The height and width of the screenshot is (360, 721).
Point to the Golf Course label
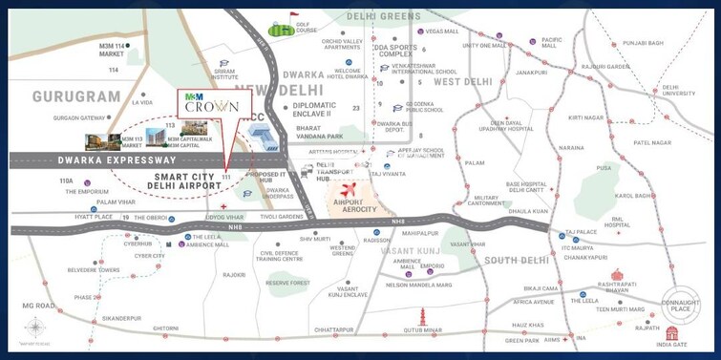(307, 30)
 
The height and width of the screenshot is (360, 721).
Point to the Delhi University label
(679, 90)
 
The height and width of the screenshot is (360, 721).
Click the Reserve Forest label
(287, 283)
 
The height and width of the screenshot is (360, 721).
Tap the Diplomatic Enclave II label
(324, 109)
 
